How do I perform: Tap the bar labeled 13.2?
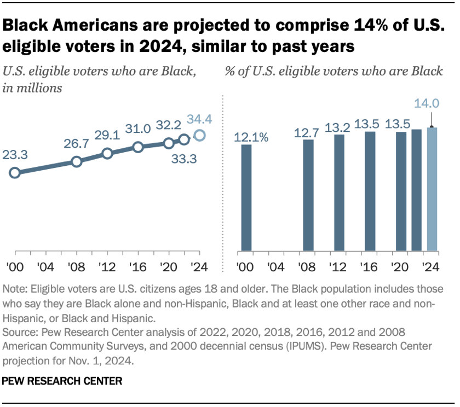pyautogui.click(x=339, y=193)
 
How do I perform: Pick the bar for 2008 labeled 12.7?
pyautogui.click(x=308, y=195)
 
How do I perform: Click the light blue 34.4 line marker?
pyautogui.click(x=200, y=135)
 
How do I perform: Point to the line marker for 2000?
pyautogui.click(x=15, y=173)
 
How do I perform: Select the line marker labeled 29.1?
pyautogui.click(x=107, y=153)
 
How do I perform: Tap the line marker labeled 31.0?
pyautogui.click(x=138, y=147)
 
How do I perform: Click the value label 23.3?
pyautogui.click(x=15, y=155)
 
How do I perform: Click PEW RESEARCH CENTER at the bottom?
pyautogui.click(x=63, y=380)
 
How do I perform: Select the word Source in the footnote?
pyautogui.click(x=18, y=332)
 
